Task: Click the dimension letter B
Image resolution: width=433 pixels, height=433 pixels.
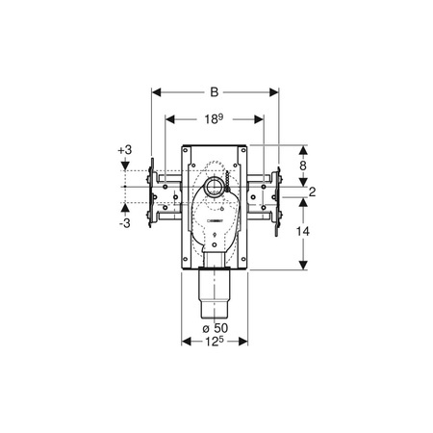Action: click(215, 92)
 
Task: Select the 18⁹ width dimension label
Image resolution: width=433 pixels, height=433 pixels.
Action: click(214, 119)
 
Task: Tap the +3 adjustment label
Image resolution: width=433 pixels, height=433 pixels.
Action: click(125, 150)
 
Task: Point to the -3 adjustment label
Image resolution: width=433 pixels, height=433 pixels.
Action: click(125, 223)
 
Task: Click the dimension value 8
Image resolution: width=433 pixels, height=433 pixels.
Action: click(303, 166)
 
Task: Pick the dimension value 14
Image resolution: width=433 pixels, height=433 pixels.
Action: click(303, 231)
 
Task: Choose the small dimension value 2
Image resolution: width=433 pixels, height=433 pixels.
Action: click(312, 191)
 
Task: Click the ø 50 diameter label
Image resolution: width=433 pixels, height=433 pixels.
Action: click(216, 328)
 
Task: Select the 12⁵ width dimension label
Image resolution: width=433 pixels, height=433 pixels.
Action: click(215, 342)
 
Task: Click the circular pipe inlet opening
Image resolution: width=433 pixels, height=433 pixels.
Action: click(215, 187)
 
